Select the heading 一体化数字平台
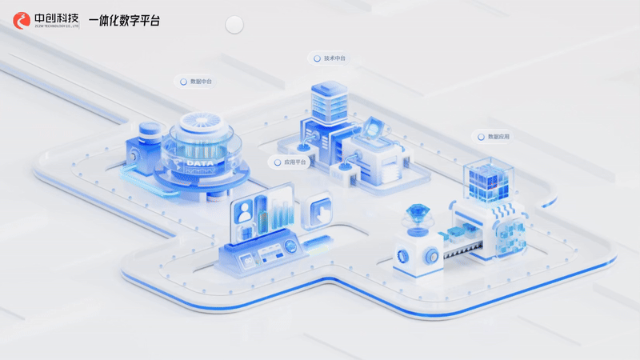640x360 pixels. pyautogui.click(x=124, y=20)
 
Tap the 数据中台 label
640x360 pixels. pyautogui.click(x=201, y=82)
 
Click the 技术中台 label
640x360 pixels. pyautogui.click(x=334, y=58)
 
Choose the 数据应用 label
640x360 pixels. pyautogui.click(x=498, y=137)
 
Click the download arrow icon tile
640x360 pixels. pyautogui.click(x=319, y=212)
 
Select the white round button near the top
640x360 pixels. pyautogui.click(x=234, y=26)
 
